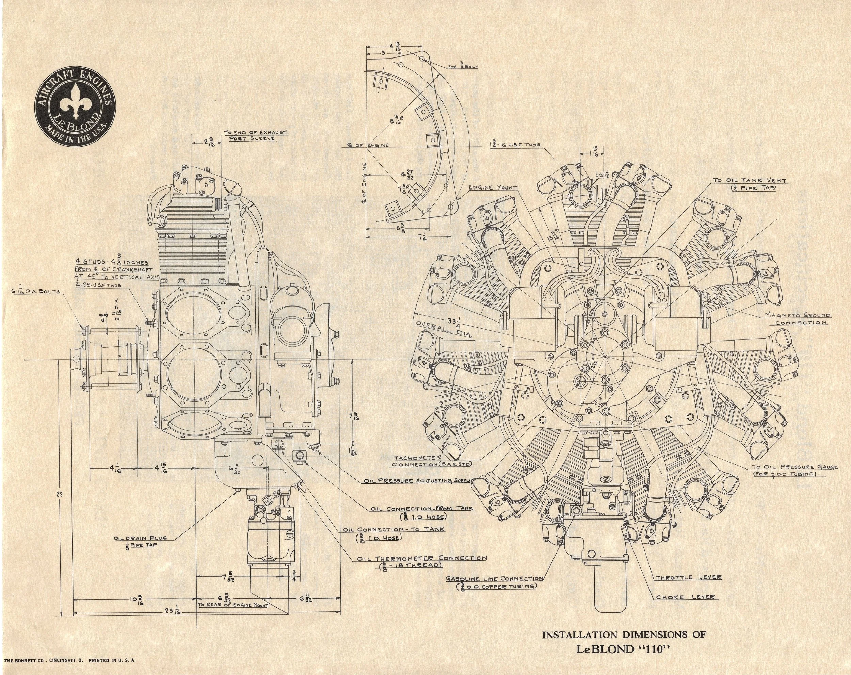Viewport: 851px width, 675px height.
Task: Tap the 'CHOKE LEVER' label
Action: (685, 597)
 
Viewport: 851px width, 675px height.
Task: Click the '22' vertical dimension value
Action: (60, 494)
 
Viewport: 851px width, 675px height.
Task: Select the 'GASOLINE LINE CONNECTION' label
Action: (494, 582)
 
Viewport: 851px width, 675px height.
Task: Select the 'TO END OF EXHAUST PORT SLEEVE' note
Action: (255, 135)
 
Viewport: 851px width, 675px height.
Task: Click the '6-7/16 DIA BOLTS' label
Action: (35, 292)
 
